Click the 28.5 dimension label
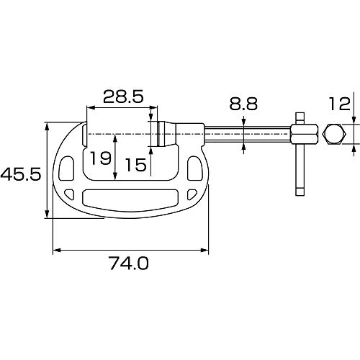point(123,96)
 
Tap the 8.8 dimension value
point(243,104)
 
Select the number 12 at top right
point(339,104)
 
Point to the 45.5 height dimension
point(21,174)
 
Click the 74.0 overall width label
point(130,263)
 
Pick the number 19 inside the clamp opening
point(101,158)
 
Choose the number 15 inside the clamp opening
point(136,165)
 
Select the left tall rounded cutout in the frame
point(66,168)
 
